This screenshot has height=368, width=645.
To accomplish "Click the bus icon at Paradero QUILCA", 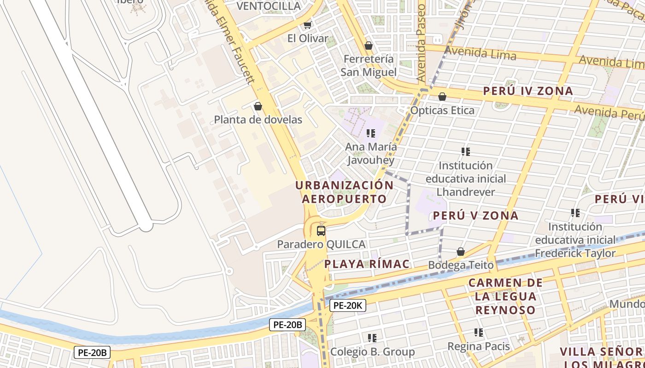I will (x=321, y=231).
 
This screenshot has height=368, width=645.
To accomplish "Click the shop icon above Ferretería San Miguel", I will (x=368, y=46).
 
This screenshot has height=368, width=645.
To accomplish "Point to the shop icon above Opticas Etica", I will (x=442, y=97).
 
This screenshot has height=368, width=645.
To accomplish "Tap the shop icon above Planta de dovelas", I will (x=258, y=106).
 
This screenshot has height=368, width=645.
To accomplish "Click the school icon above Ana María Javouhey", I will (x=370, y=133).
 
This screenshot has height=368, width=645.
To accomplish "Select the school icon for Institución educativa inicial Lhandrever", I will (x=465, y=152).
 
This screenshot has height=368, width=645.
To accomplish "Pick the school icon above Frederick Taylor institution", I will (x=575, y=213).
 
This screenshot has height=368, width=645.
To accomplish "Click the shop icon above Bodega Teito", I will (x=460, y=252).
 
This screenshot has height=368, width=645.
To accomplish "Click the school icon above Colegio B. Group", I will (x=372, y=338).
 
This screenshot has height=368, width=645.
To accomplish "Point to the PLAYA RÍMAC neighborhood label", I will (x=367, y=264).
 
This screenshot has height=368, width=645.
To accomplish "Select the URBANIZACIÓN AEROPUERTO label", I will (x=344, y=192).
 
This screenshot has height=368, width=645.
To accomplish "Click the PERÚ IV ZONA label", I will (x=528, y=91).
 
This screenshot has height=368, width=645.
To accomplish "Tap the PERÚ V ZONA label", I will (x=475, y=215).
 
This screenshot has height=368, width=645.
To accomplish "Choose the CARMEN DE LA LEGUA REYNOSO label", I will (x=505, y=296).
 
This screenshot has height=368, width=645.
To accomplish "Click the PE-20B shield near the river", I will (x=287, y=325).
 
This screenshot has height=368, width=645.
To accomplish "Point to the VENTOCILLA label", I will (x=269, y=6).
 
